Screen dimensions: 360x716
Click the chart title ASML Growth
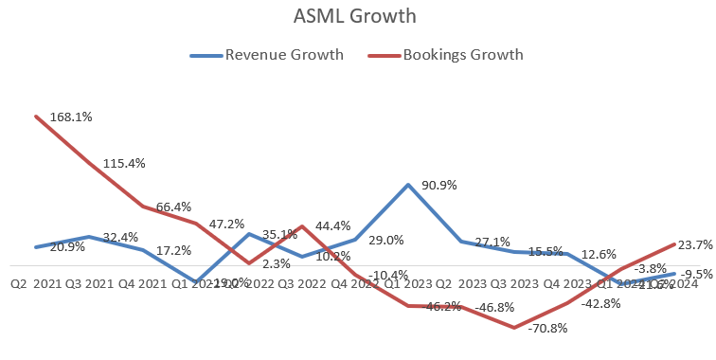(358, 16)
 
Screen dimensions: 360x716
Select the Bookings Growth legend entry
(463, 54)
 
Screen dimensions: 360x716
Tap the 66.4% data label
(173, 207)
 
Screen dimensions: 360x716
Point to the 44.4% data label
(332, 226)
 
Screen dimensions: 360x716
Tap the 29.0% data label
(385, 241)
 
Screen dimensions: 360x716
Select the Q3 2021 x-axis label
(83, 283)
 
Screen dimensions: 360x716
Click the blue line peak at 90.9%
(408, 185)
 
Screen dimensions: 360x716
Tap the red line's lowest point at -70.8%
(514, 328)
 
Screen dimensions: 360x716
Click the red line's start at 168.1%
(36, 117)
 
